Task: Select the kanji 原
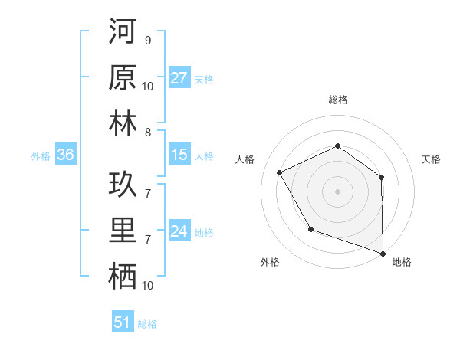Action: click(x=123, y=79)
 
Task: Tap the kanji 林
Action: click(x=123, y=124)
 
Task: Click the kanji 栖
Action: click(x=123, y=277)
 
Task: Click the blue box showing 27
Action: click(x=179, y=78)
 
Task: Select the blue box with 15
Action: click(x=179, y=155)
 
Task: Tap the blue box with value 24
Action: click(x=179, y=231)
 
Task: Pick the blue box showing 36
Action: click(x=66, y=155)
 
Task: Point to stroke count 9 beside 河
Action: click(x=147, y=40)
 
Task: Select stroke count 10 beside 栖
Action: click(x=148, y=285)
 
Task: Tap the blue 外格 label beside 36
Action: click(x=41, y=155)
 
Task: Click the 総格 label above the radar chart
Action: click(x=338, y=100)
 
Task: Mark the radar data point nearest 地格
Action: click(x=383, y=253)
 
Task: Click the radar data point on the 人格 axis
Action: click(x=280, y=173)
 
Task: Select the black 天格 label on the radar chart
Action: click(x=432, y=159)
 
